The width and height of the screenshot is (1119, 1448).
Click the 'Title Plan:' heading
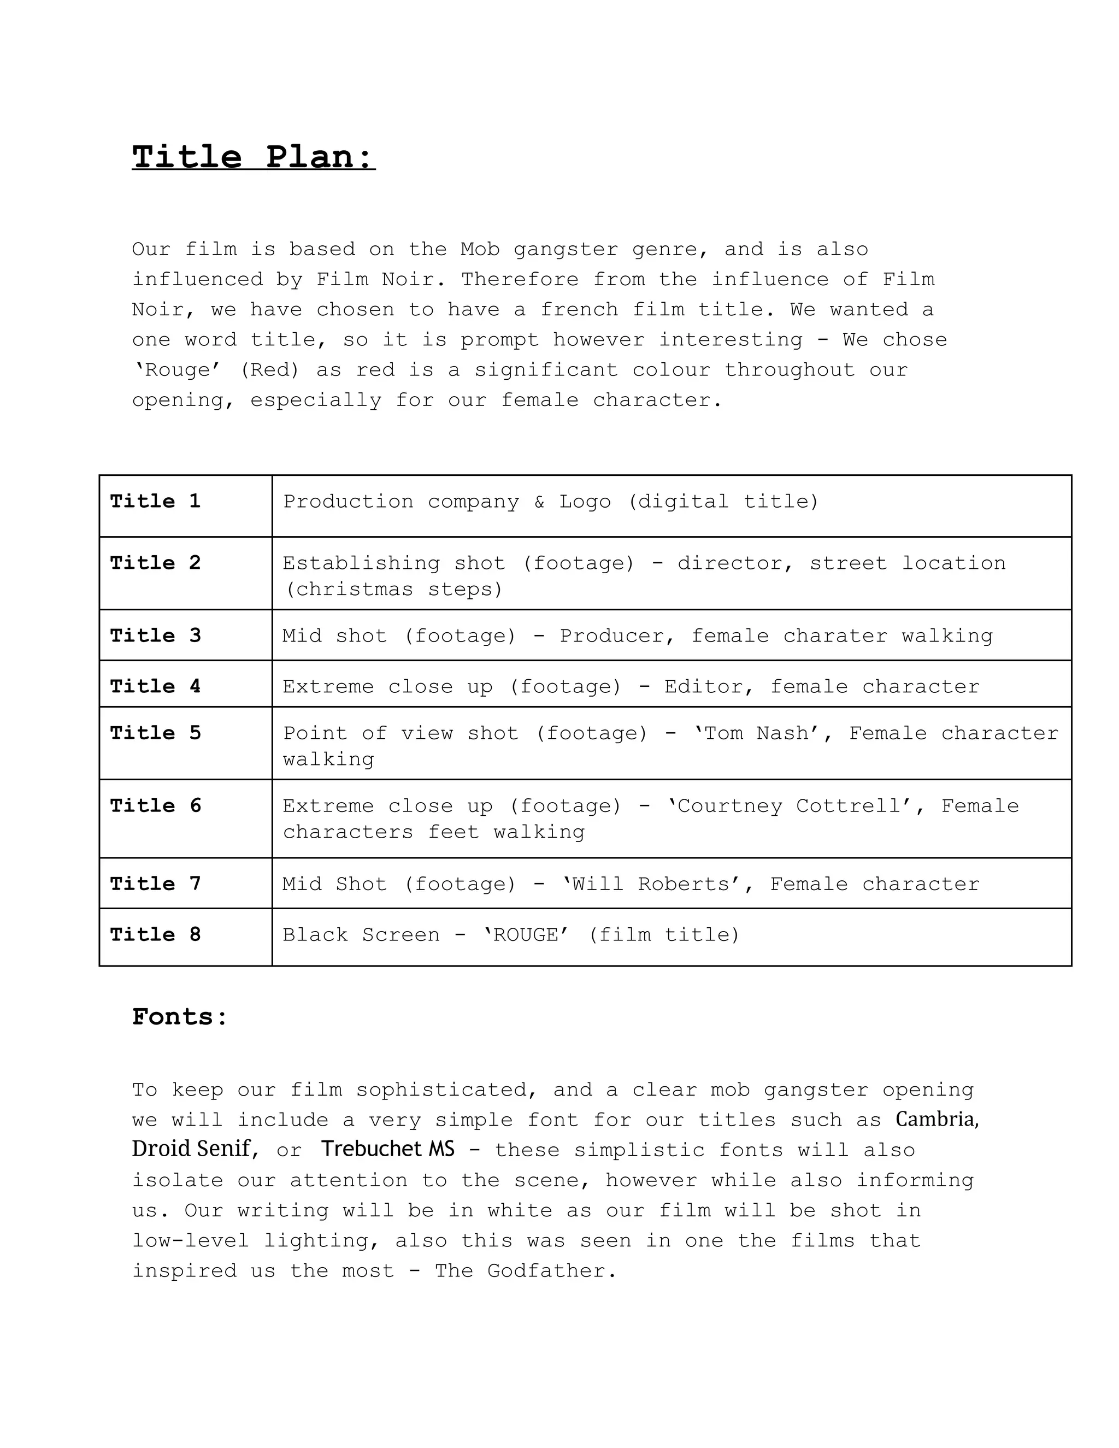pos(253,157)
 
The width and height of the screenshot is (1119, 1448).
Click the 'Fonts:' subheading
pos(180,1017)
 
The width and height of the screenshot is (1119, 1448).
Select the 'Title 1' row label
pos(155,501)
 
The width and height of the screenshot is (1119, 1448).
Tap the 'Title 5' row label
pos(155,733)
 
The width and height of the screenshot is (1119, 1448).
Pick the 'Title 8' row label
pos(155,934)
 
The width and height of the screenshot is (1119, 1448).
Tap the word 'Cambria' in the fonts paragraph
pos(935,1119)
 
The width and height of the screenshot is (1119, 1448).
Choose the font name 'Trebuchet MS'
pos(388,1149)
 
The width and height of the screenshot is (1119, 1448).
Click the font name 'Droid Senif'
pos(192,1149)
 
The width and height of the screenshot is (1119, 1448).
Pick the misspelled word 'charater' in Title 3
pos(835,636)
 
